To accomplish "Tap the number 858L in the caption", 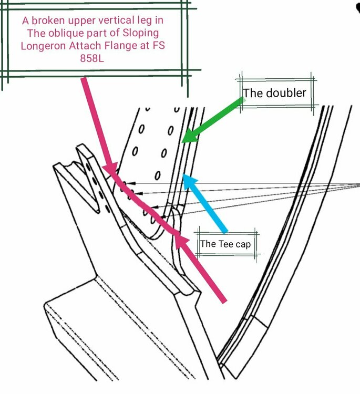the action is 92,58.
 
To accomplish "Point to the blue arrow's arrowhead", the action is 189,180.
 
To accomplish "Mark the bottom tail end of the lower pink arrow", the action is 224,300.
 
